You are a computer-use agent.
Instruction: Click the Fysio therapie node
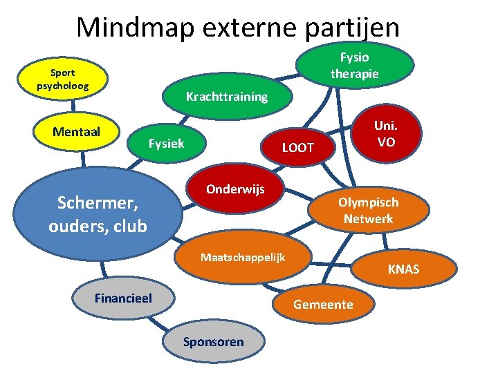click(x=355, y=64)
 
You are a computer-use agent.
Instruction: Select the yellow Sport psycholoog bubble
click(x=63, y=79)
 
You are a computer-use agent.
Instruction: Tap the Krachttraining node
click(x=227, y=97)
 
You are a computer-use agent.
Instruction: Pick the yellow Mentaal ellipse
click(x=76, y=132)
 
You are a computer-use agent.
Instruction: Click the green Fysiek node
click(x=167, y=143)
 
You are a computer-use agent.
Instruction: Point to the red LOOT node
click(x=298, y=147)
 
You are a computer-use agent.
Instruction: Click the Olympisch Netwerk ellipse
click(x=367, y=211)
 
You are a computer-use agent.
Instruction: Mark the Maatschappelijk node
click(x=243, y=257)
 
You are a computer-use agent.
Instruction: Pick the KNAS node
click(x=403, y=269)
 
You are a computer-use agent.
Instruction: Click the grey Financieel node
click(x=123, y=298)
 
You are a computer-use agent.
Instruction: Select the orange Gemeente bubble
click(x=323, y=305)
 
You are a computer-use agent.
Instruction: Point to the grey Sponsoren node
click(x=213, y=341)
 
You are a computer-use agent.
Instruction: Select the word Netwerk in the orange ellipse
click(x=368, y=219)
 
